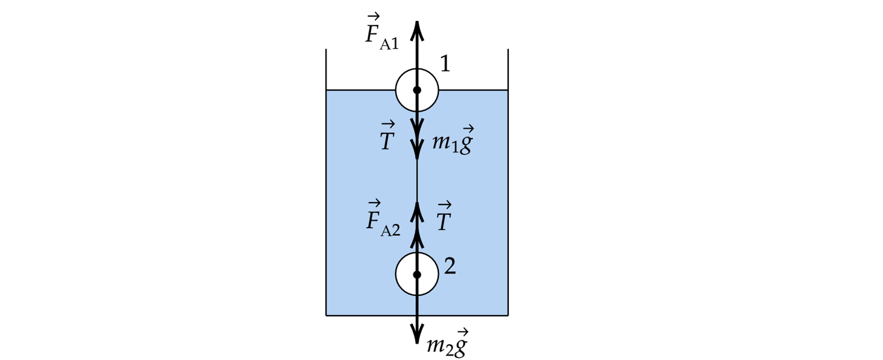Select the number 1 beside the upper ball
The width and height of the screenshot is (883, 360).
(445, 64)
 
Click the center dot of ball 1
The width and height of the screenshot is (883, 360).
(417, 90)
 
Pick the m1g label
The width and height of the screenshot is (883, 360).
(452, 142)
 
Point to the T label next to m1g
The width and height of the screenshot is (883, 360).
(387, 139)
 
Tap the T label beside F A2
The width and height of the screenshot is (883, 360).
(444, 220)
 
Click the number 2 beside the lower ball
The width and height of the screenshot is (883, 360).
(449, 266)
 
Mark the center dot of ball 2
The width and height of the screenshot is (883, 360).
(417, 274)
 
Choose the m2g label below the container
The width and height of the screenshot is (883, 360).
(447, 344)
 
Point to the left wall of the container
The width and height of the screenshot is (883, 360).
(326, 196)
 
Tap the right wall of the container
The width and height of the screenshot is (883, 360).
(508, 196)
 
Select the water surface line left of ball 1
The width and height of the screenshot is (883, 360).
(359, 90)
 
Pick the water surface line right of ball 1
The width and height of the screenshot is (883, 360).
(474, 90)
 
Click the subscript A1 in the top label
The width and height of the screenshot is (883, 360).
(389, 44)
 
